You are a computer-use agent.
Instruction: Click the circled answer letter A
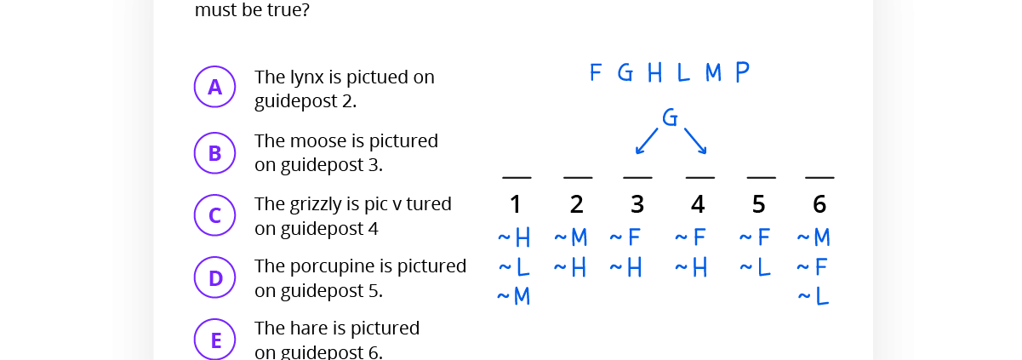[214, 87]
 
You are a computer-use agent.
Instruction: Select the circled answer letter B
[214, 153]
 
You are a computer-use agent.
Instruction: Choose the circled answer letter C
[214, 215]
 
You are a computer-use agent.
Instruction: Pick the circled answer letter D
[214, 277]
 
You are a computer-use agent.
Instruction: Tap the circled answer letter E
[214, 340]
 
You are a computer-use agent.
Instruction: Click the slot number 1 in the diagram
[516, 205]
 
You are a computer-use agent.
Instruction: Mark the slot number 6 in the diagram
[819, 205]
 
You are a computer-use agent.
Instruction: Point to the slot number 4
[698, 205]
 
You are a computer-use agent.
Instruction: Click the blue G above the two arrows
[670, 118]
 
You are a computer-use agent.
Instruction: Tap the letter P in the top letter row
[742, 72]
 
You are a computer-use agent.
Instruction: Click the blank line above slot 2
[578, 178]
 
